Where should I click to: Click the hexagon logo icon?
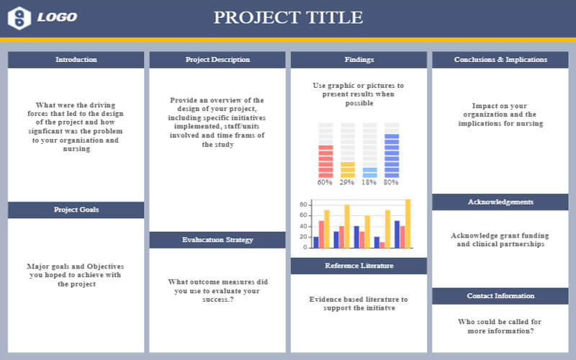[19, 18]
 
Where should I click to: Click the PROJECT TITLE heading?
[288, 17]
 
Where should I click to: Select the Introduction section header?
[76, 60]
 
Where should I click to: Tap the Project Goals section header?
[76, 210]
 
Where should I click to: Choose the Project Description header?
[217, 60]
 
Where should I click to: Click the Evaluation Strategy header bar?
[217, 240]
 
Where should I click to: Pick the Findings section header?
[359, 60]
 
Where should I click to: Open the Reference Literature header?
[359, 266]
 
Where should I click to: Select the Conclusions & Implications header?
[500, 60]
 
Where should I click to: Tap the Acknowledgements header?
[500, 202]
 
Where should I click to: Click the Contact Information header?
[500, 296]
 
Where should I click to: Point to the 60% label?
[325, 183]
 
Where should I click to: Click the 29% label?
[347, 183]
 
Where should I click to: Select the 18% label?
[369, 183]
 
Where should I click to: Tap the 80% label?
[392, 183]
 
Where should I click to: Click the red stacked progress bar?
[325, 161]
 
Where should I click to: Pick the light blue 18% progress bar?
[369, 172]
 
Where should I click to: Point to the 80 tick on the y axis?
[304, 205]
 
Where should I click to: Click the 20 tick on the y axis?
[304, 238]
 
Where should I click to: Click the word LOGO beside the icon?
[57, 17]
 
